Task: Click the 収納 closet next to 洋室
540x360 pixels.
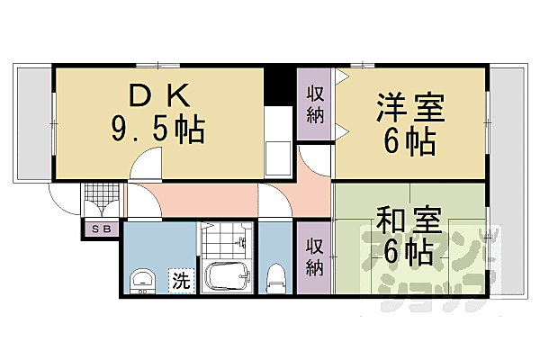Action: [x=315, y=103]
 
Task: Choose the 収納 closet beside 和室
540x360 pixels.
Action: [x=314, y=256]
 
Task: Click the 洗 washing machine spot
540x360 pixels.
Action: [x=181, y=280]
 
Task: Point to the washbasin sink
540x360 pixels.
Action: [x=143, y=280]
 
